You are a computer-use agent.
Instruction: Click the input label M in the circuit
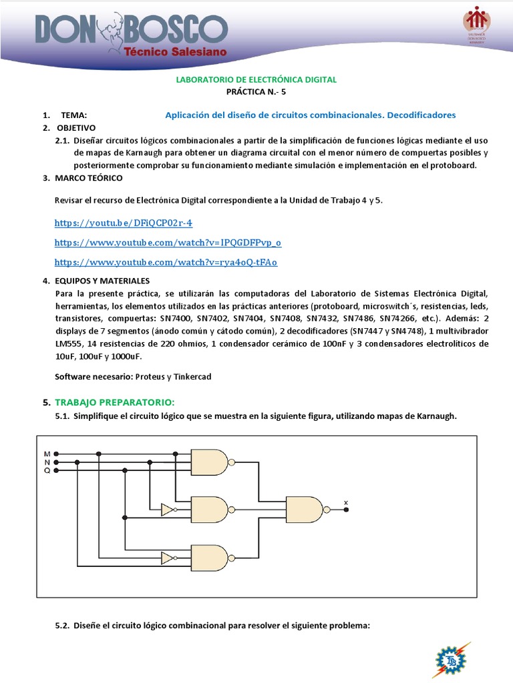[x=47, y=454]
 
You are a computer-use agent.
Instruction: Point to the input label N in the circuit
[x=47, y=462]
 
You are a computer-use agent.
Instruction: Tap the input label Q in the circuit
[x=47, y=470]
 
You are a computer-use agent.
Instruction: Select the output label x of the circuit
[x=345, y=502]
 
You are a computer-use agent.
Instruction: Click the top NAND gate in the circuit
[x=209, y=462]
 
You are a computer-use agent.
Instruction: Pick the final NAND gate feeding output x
[x=304, y=510]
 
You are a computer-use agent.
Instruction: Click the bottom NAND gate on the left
[x=209, y=558]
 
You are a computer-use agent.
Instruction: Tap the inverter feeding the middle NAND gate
[x=168, y=510]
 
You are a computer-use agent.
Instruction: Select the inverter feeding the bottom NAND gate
[x=168, y=558]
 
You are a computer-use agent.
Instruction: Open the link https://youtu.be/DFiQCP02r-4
[x=123, y=222]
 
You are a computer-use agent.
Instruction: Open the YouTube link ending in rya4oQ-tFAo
[x=166, y=262]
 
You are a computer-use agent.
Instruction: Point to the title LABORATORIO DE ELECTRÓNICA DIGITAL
[x=256, y=79]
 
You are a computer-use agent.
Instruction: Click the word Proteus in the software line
[x=150, y=377]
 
